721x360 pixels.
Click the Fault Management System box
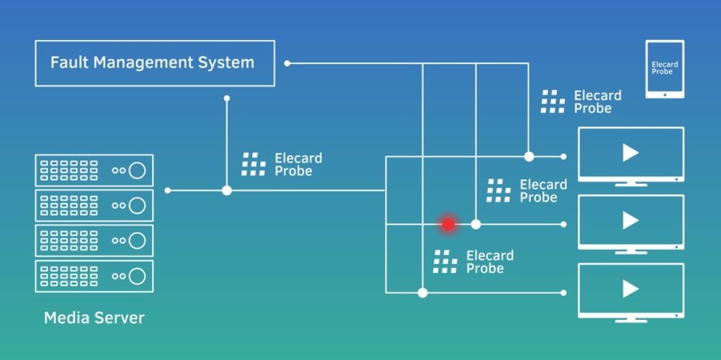click(x=155, y=63)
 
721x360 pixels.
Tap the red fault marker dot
click(x=449, y=225)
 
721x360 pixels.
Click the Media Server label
click(x=94, y=318)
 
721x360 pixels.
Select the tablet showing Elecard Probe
click(x=665, y=68)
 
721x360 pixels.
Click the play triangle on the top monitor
click(x=630, y=153)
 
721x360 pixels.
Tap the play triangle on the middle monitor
click(x=630, y=221)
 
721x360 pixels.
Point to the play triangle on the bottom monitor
click(x=630, y=289)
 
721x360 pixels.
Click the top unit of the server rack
click(x=94, y=170)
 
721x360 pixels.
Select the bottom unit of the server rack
click(x=94, y=276)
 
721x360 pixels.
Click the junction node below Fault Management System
click(x=227, y=190)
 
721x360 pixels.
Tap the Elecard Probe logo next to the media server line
click(x=253, y=164)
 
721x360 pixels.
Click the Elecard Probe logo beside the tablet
click(x=553, y=101)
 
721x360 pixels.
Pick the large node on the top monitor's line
click(x=529, y=156)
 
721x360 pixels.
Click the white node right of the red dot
click(x=476, y=225)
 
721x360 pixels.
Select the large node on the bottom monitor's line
click(x=422, y=292)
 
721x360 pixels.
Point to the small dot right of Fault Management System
click(x=287, y=63)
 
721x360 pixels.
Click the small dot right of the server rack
click(x=168, y=190)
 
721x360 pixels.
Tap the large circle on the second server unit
click(x=137, y=205)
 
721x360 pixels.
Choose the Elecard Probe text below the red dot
click(x=490, y=262)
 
